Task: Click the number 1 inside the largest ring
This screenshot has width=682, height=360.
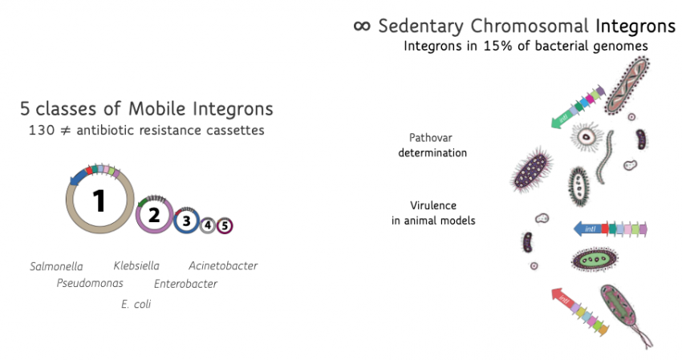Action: [x=99, y=201]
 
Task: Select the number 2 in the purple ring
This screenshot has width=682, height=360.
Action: [x=154, y=215]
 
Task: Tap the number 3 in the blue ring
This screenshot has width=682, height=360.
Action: [x=187, y=220]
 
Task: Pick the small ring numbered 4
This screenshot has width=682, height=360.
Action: [x=208, y=225]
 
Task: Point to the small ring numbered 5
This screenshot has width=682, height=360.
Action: [x=225, y=225]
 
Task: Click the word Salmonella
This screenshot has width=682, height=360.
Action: [x=56, y=266]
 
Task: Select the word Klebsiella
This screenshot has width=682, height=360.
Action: [x=136, y=265]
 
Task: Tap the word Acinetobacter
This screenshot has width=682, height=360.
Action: [x=223, y=265]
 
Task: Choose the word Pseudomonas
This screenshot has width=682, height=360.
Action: [x=90, y=284]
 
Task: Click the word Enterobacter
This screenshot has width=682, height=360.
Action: [x=185, y=284]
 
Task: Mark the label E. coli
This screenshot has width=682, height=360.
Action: [x=136, y=304]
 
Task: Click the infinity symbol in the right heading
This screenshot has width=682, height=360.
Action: [x=362, y=26]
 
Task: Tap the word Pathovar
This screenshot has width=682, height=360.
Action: [x=431, y=138]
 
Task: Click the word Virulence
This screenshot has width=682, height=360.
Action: [x=433, y=205]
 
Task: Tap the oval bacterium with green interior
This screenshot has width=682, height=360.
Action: [x=595, y=260]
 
